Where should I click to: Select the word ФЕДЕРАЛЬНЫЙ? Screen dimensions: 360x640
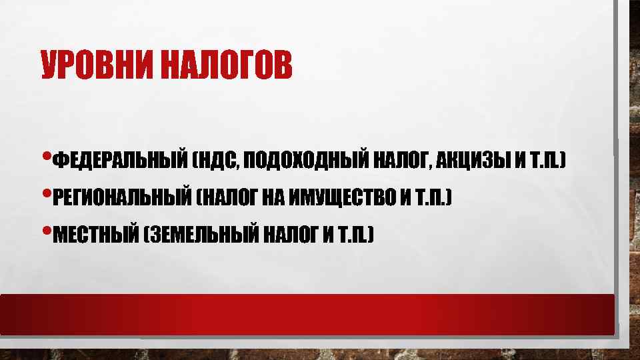coord(118,161)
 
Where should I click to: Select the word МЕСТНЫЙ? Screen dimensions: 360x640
coord(94,235)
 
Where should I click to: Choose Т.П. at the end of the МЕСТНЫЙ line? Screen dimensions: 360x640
coord(356,235)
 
